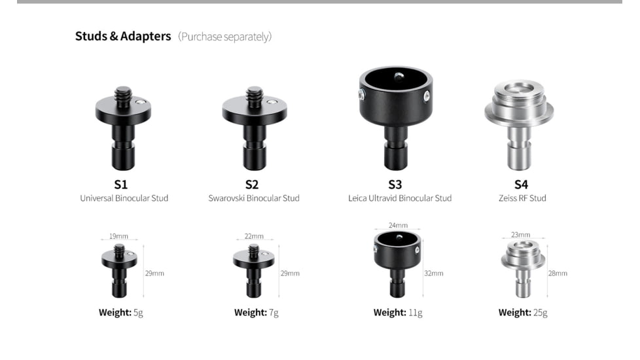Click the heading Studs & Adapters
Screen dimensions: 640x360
click(123, 36)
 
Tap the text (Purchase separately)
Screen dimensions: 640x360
click(225, 37)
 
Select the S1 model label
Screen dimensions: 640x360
click(121, 185)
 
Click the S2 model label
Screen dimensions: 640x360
click(252, 185)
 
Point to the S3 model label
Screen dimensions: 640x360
click(395, 185)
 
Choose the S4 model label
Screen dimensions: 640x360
click(521, 185)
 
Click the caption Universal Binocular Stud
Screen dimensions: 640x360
click(124, 198)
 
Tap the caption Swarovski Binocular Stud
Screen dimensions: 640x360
click(254, 198)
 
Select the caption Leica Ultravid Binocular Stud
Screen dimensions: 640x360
click(400, 198)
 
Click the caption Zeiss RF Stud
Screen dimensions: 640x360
click(522, 198)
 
